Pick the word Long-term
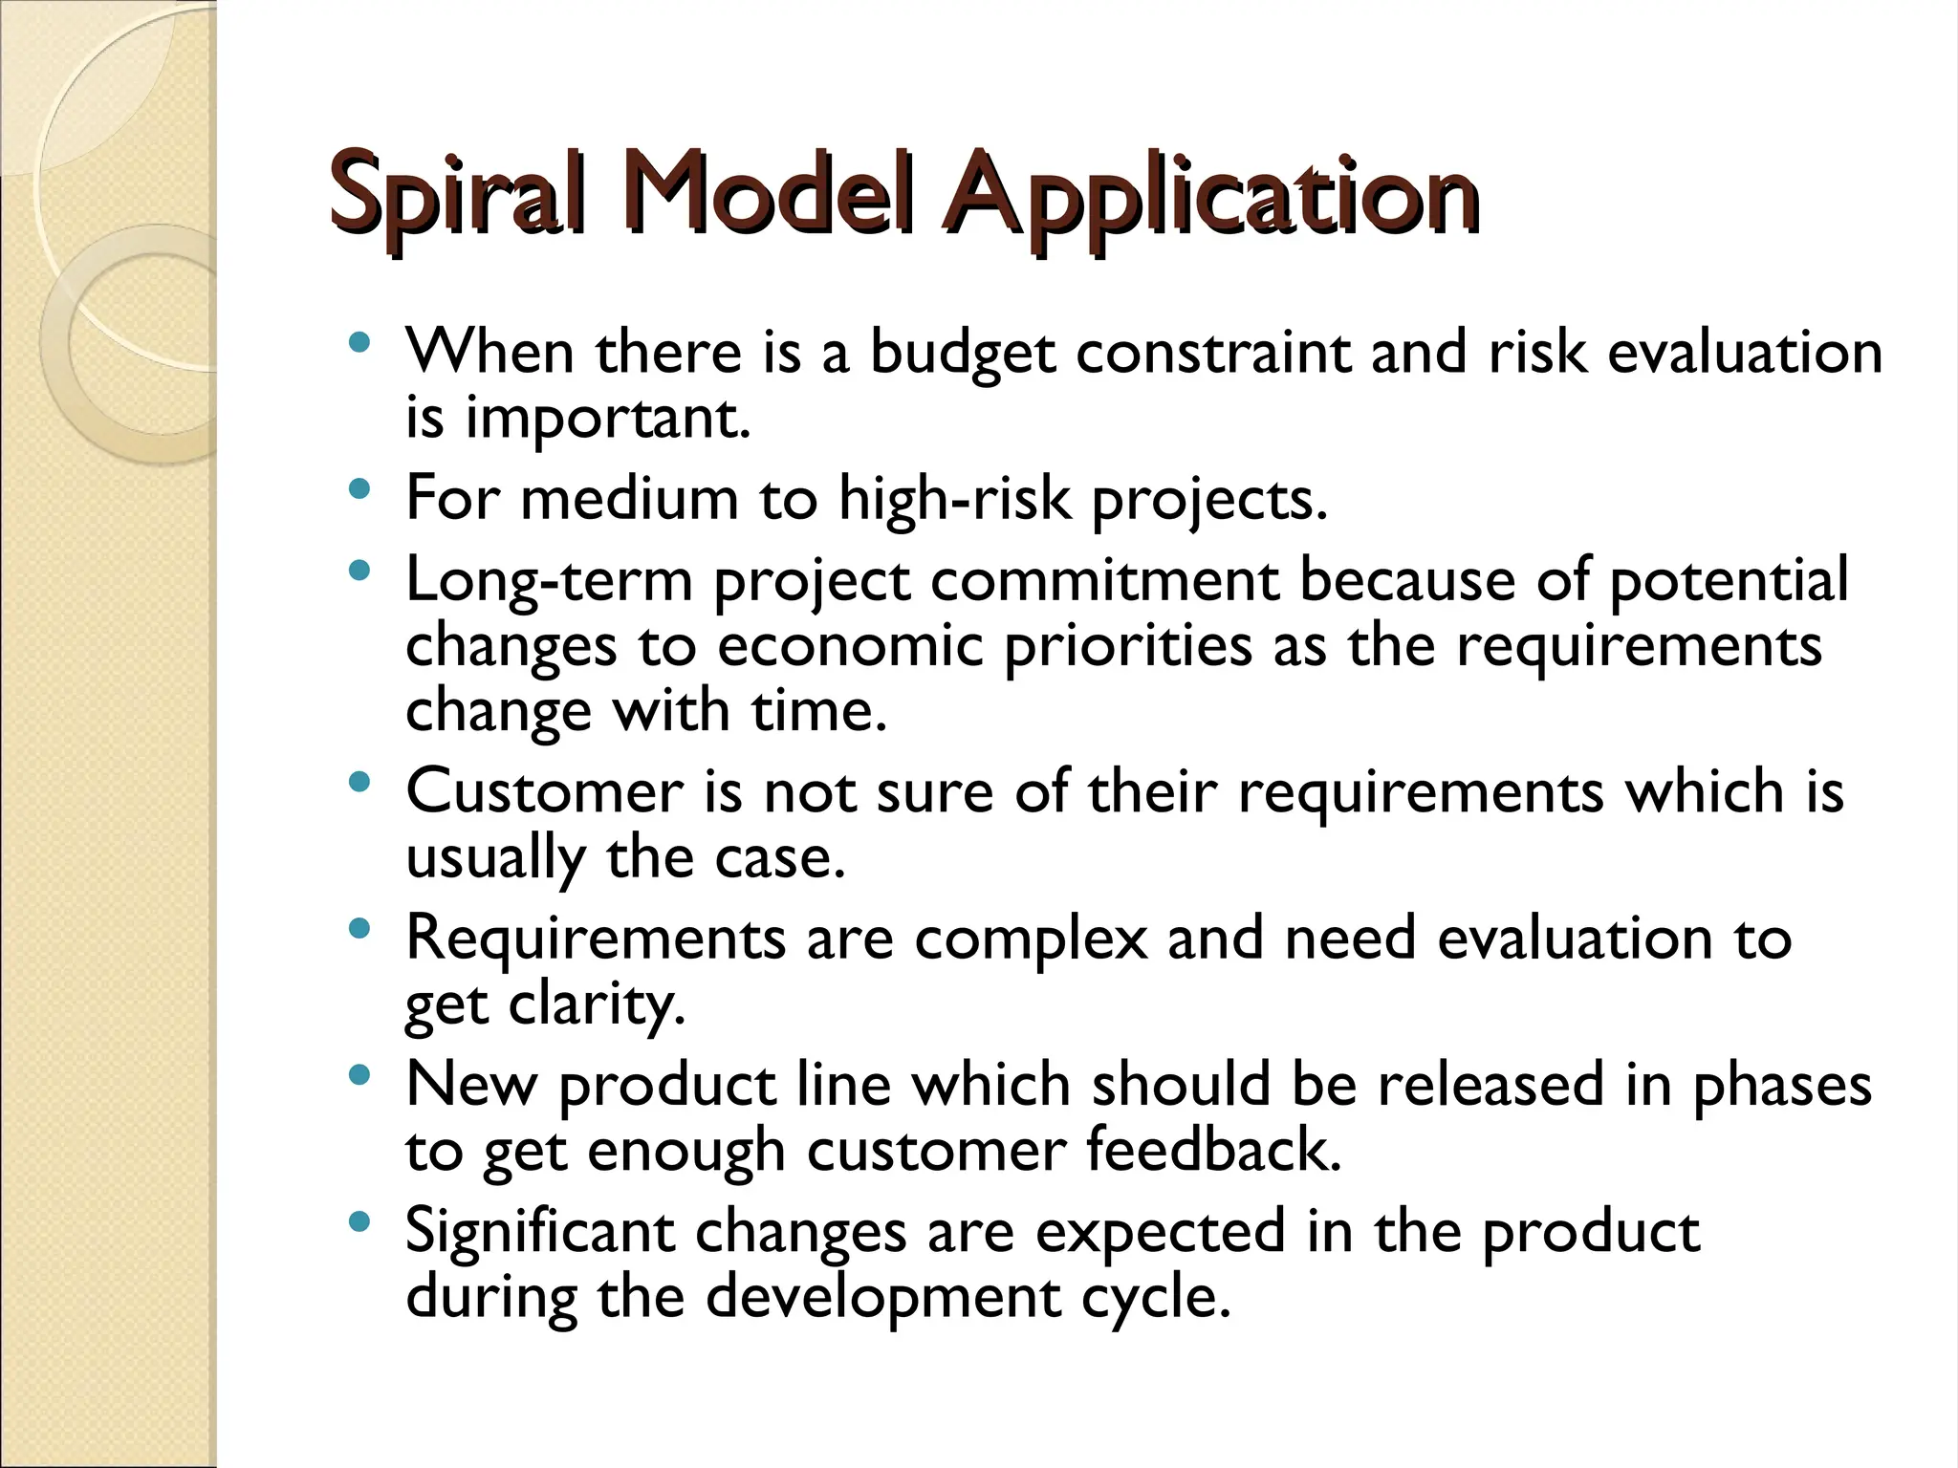tap(549, 581)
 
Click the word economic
tap(850, 646)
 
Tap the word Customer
tap(545, 792)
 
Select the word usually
tap(495, 858)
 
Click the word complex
tap(1031, 939)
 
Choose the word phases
tap(1782, 1086)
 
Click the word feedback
tap(1214, 1150)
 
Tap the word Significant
tap(540, 1232)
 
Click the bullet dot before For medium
tap(359, 490)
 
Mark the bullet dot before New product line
tap(359, 1076)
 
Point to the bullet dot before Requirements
tap(359, 929)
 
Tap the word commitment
tap(1104, 581)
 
